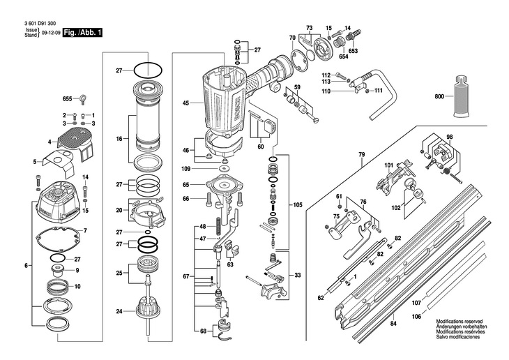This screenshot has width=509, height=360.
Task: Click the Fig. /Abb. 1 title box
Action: (82, 33)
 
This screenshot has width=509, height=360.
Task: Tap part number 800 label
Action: (440, 96)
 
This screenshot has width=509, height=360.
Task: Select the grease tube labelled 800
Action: (462, 96)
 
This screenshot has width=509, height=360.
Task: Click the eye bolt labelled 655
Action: (83, 98)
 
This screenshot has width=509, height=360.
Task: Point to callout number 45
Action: (185, 103)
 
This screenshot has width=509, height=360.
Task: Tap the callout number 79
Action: (362, 155)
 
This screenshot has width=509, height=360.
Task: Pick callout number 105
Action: (297, 204)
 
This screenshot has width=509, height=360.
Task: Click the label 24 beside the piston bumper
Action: (119, 311)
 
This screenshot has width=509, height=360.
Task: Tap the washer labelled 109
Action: (224, 168)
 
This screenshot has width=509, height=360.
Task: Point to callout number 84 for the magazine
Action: (393, 324)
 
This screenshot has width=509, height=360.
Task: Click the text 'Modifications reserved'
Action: (459, 322)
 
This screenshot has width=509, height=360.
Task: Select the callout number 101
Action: (389, 165)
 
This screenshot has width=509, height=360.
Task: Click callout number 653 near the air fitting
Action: (353, 51)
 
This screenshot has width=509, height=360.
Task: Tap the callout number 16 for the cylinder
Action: (119, 139)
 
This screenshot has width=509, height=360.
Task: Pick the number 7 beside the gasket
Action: (85, 231)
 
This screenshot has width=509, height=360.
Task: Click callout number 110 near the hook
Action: (326, 91)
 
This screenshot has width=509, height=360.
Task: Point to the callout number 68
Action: (203, 331)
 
